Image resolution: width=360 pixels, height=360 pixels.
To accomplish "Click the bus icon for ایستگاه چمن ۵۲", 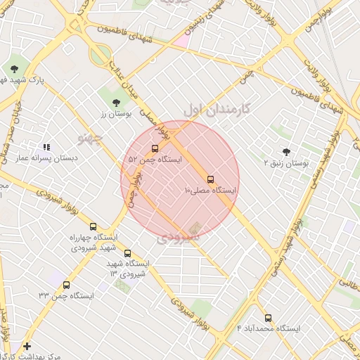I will click(x=155, y=148).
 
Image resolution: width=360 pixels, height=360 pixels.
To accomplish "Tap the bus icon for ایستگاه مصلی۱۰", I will click(x=210, y=179).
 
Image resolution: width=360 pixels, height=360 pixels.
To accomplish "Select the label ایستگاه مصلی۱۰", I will click(x=211, y=191).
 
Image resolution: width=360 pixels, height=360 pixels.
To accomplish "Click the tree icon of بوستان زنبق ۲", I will click(x=285, y=151).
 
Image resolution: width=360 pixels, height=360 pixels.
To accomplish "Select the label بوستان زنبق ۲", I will click(x=285, y=163).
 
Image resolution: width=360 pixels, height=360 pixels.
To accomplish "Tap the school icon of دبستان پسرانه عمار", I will click(x=46, y=147).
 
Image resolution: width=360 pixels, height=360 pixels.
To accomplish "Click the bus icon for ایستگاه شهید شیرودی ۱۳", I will click(x=127, y=253).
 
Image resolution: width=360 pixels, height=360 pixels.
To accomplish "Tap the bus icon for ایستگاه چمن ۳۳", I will click(x=67, y=285).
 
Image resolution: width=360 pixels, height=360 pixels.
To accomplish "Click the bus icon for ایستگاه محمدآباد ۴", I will click(x=268, y=317).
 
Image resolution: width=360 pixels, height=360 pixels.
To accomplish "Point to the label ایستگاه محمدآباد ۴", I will click(x=269, y=329).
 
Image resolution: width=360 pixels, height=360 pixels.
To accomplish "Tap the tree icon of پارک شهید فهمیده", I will click(x=15, y=68).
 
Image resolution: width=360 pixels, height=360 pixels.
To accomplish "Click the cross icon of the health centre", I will click(x=27, y=346).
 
